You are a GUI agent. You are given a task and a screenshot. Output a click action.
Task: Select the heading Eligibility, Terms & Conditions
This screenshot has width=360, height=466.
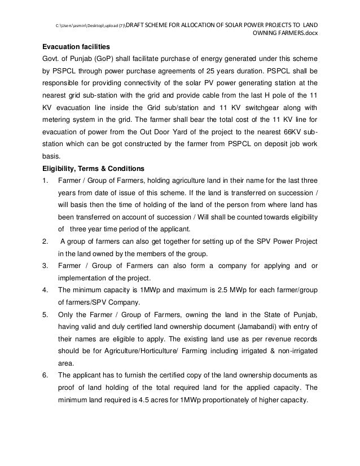pyautogui.click(x=91, y=168)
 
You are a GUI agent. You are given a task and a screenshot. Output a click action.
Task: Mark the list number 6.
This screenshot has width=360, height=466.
pyautogui.click(x=45, y=376)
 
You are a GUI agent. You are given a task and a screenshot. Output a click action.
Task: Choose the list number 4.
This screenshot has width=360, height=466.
pyautogui.click(x=45, y=291)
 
